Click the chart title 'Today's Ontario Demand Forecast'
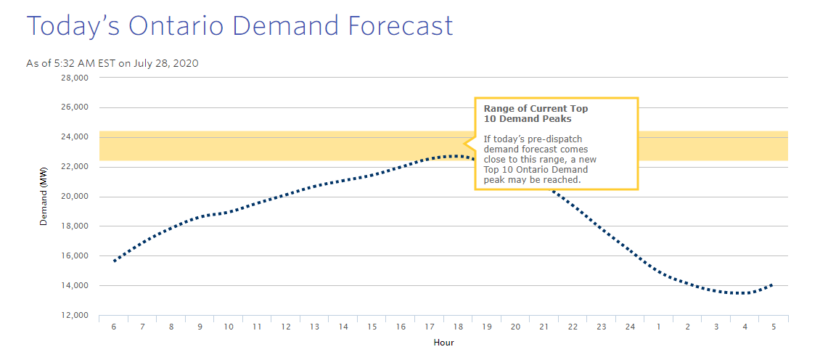[239, 25]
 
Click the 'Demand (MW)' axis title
[44, 196]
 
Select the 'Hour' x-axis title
[443, 343]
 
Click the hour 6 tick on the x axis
[113, 327]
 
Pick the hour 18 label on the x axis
[458, 327]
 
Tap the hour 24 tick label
[630, 327]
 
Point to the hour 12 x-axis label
[286, 327]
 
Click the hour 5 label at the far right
[774, 327]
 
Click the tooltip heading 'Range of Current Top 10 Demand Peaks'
[536, 113]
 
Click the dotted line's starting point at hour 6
[115, 261]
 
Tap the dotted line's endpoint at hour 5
[772, 285]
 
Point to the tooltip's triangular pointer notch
[469, 143]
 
